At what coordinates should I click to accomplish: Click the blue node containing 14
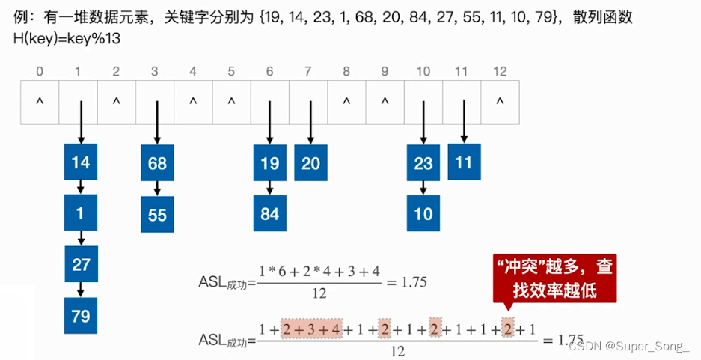(81, 163)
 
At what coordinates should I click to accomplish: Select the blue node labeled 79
(81, 315)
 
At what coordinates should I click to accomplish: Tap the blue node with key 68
(157, 163)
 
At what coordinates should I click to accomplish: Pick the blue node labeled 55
(157, 215)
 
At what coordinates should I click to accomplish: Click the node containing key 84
(270, 214)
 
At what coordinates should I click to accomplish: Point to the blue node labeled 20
(310, 163)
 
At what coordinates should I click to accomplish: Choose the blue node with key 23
(423, 163)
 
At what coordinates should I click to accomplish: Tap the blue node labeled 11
(464, 162)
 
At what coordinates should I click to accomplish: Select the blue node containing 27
(81, 264)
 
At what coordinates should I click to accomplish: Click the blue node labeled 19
(270, 163)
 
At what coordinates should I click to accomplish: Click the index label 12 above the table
(500, 72)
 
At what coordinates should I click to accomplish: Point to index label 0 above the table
(39, 72)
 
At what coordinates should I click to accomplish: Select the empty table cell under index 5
(231, 101)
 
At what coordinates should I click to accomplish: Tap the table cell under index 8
(346, 101)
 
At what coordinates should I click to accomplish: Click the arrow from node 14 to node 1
(81, 186)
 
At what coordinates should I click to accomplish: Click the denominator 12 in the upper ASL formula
(319, 294)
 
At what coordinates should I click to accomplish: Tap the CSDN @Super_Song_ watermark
(631, 345)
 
